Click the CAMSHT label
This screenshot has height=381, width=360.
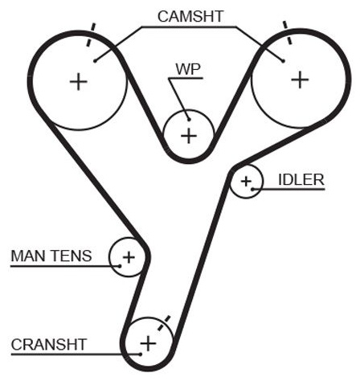coord(190,17)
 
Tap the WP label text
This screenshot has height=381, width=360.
coord(188,69)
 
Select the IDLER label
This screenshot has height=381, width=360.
coord(301,180)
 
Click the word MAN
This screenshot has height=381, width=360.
coord(28,256)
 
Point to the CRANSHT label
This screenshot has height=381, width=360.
coord(49,344)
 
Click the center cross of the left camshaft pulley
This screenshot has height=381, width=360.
coord(79,82)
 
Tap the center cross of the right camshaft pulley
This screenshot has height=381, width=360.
coord(300,80)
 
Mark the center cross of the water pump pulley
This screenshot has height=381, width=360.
coord(189,136)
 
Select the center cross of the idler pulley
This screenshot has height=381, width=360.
coord(246,182)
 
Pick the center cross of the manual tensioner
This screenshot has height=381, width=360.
coord(129,257)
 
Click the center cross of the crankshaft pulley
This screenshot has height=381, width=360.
coord(148,343)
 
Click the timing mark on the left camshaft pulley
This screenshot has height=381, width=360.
coord(91,35)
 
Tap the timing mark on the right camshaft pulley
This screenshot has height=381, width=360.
coord(288,32)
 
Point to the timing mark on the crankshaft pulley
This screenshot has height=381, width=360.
coord(164,323)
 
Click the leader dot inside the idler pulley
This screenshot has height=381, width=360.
coord(252,189)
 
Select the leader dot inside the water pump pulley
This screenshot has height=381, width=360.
coord(189,120)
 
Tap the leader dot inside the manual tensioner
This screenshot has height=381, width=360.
coord(120,266)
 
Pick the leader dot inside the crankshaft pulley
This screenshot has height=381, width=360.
coord(141,354)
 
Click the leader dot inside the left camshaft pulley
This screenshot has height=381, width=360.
coord(95,61)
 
